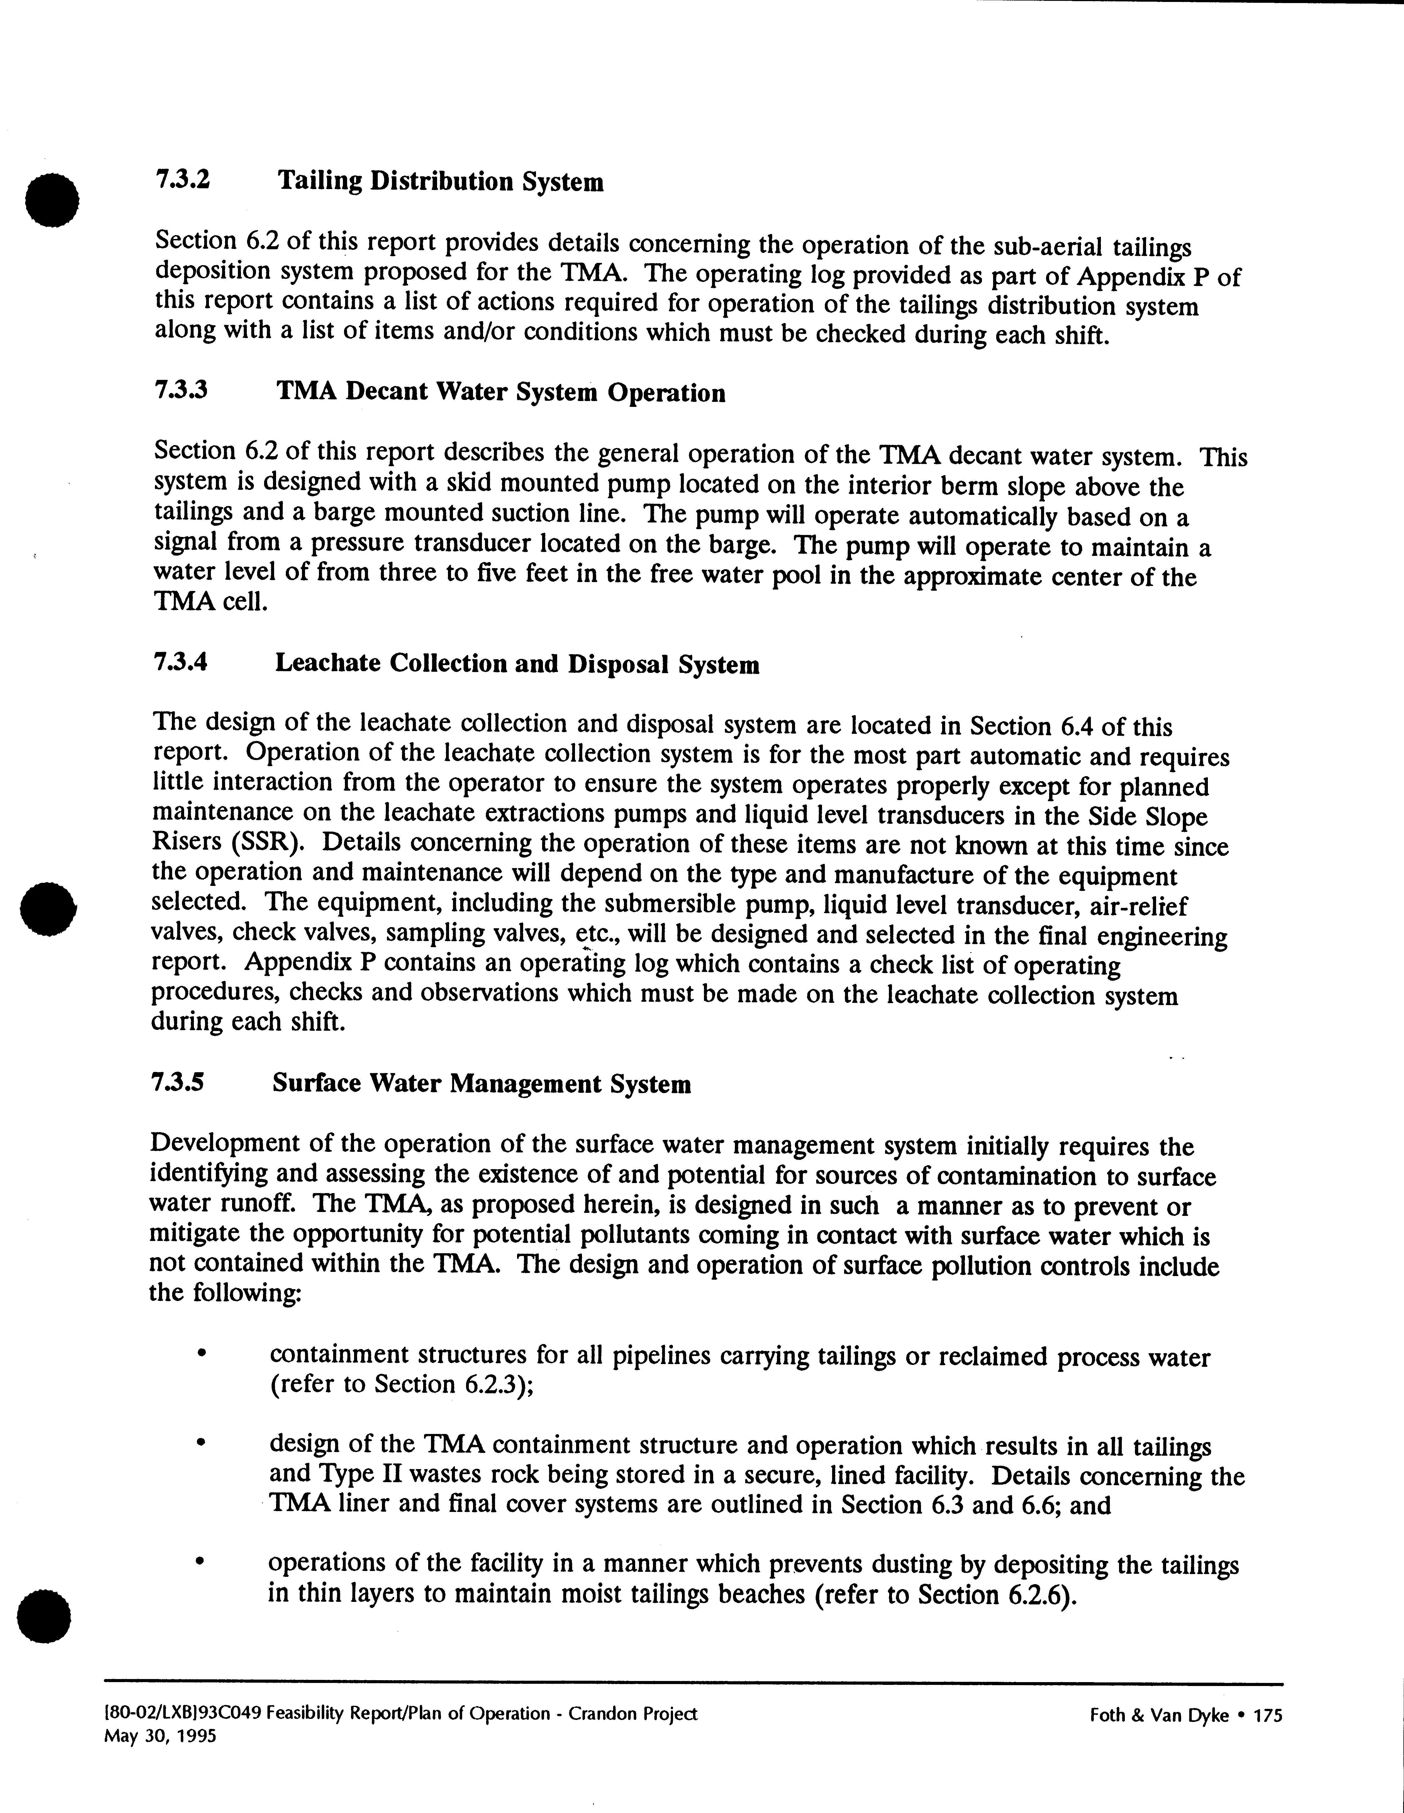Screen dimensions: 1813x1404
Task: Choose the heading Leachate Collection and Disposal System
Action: coord(516,664)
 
